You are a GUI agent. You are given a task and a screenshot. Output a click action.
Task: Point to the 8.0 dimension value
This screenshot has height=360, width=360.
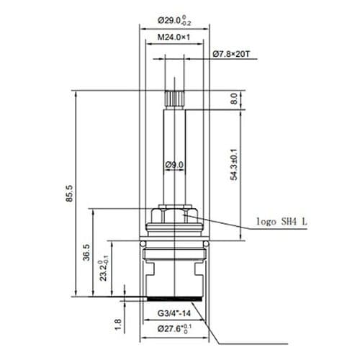tap(234, 99)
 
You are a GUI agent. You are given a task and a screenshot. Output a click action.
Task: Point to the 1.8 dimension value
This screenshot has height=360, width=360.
tap(118, 326)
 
